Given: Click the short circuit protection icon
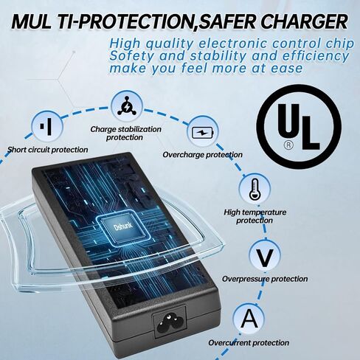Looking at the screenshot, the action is point(47,127).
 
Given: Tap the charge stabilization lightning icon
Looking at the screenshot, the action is point(127,106).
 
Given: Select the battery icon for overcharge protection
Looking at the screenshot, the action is point(202,132).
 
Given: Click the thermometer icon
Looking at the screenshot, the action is point(255,189).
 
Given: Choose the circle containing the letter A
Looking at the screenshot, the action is point(249,319).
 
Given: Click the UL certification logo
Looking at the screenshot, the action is point(299,126).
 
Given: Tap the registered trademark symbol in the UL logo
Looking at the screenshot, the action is point(288,145).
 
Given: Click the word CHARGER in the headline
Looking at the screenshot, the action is point(304,21).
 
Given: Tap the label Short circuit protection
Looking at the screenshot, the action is point(47,150).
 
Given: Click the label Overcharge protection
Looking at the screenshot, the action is point(202,155).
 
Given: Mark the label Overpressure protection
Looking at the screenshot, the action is point(265,279).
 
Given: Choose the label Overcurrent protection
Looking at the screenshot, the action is point(249,342).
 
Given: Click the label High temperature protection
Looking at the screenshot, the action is point(255,216).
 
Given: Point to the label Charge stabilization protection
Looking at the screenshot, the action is point(125,133).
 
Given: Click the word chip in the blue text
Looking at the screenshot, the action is point(340,44).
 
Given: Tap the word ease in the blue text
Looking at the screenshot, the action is point(287,69).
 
